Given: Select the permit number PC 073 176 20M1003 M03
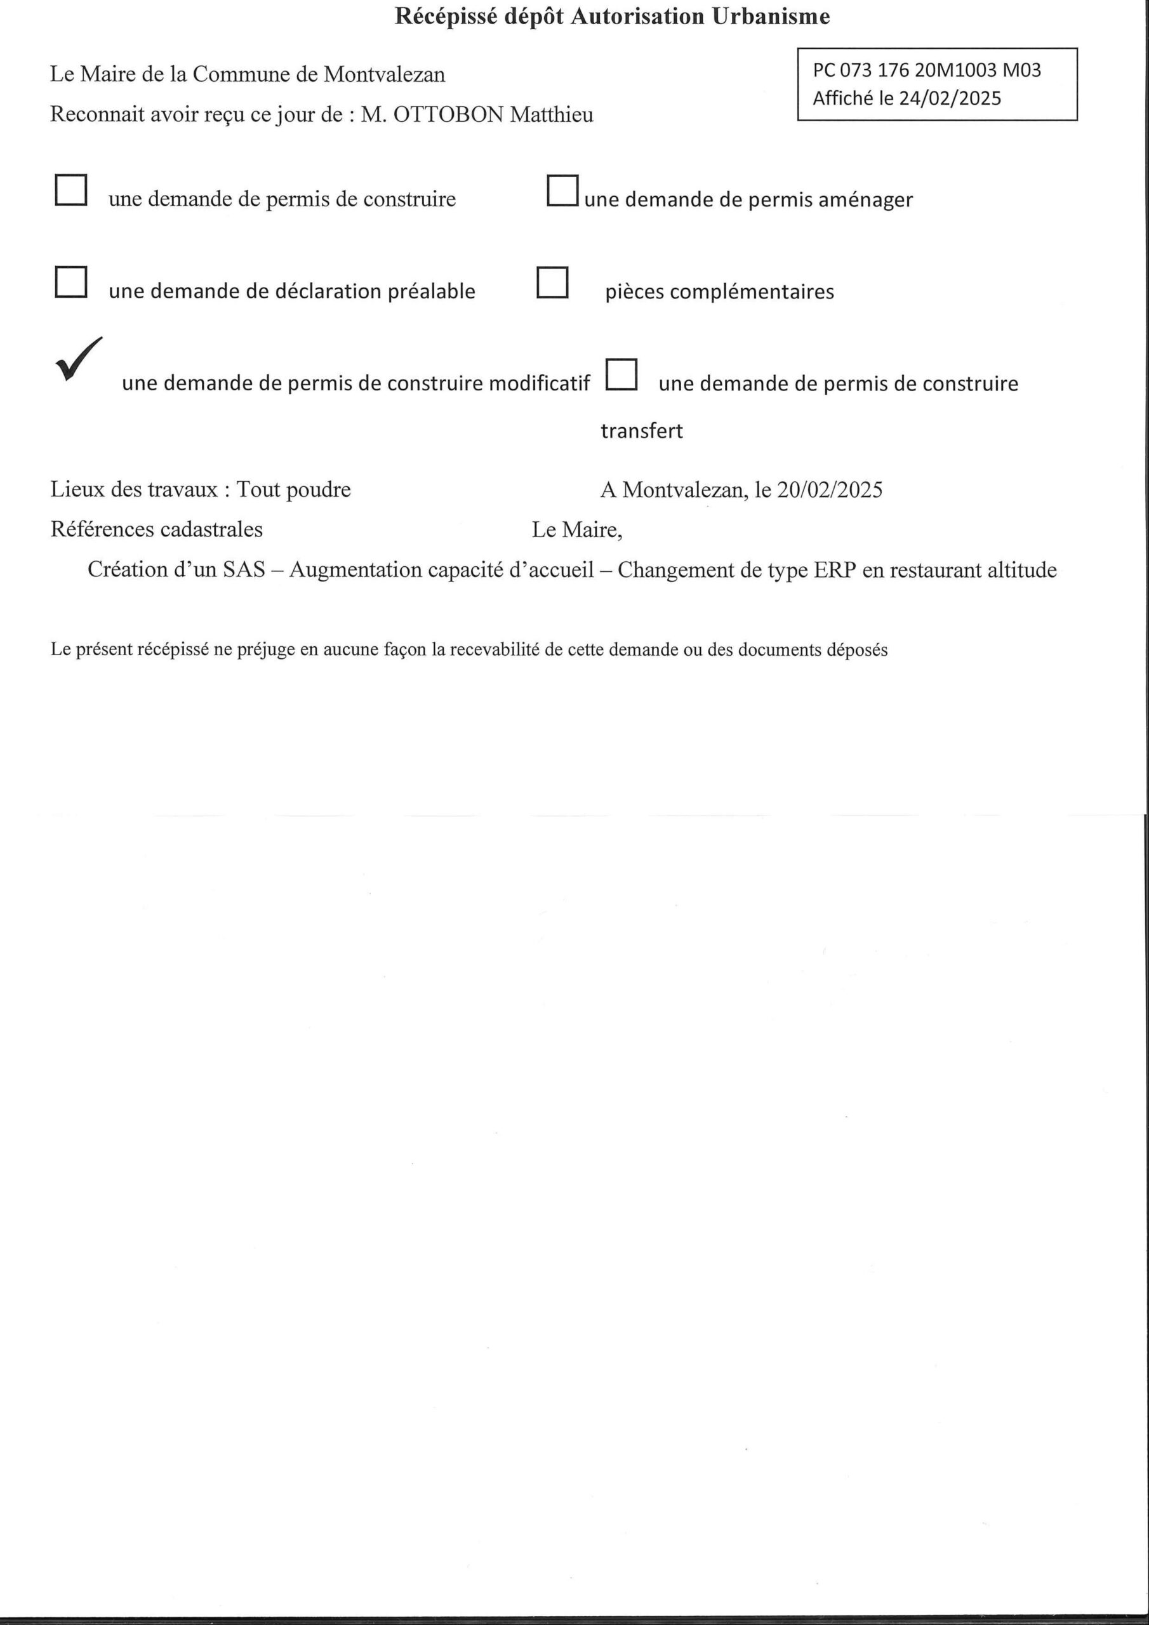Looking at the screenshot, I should tap(927, 70).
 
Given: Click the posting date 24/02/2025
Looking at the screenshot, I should tap(950, 98).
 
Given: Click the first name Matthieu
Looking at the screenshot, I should tap(552, 115).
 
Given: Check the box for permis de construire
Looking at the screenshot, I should tap(71, 190).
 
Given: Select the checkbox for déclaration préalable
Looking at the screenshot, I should tap(71, 282).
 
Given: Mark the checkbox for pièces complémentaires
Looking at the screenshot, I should tap(552, 282).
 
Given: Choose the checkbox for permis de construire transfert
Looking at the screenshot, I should tap(621, 375).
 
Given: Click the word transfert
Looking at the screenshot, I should tap(641, 431).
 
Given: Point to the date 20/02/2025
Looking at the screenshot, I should tap(829, 490).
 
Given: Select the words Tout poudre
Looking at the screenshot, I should tap(293, 490).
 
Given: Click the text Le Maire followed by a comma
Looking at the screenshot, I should tap(577, 530).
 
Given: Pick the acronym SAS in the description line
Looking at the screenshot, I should tap(244, 571).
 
